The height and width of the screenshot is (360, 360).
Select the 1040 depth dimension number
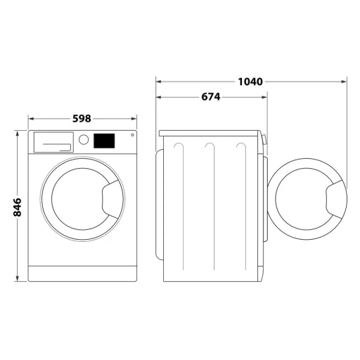pos(250,82)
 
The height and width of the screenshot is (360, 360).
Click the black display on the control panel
pos(104,141)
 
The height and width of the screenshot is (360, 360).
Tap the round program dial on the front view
pos(84,140)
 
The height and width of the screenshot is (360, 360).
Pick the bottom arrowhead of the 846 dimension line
pos(18,279)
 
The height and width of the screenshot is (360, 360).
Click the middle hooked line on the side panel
pos(209,204)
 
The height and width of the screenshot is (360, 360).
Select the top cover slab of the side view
pos(210,133)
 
